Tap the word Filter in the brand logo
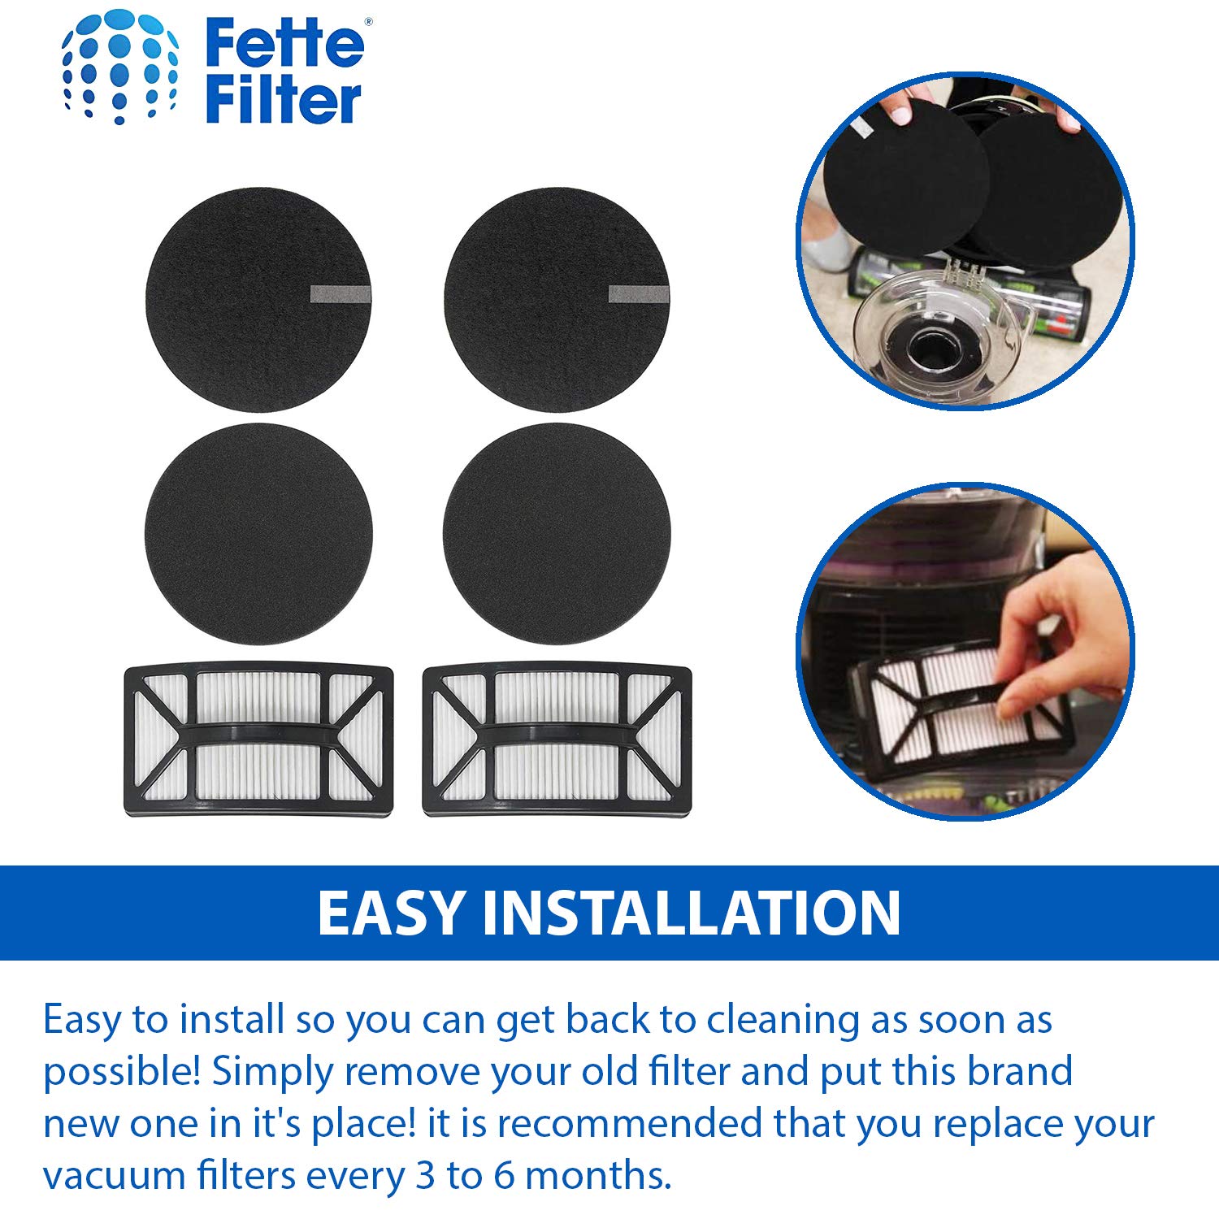(x=282, y=101)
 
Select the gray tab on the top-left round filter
(x=341, y=294)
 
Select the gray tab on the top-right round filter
(x=639, y=294)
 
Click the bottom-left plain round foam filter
(x=258, y=534)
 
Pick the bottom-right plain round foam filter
(x=557, y=534)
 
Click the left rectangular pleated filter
(x=258, y=740)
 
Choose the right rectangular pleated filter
(x=557, y=740)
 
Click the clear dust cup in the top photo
(x=935, y=341)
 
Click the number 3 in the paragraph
(x=425, y=1175)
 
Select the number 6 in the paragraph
(x=504, y=1175)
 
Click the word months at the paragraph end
(x=598, y=1175)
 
